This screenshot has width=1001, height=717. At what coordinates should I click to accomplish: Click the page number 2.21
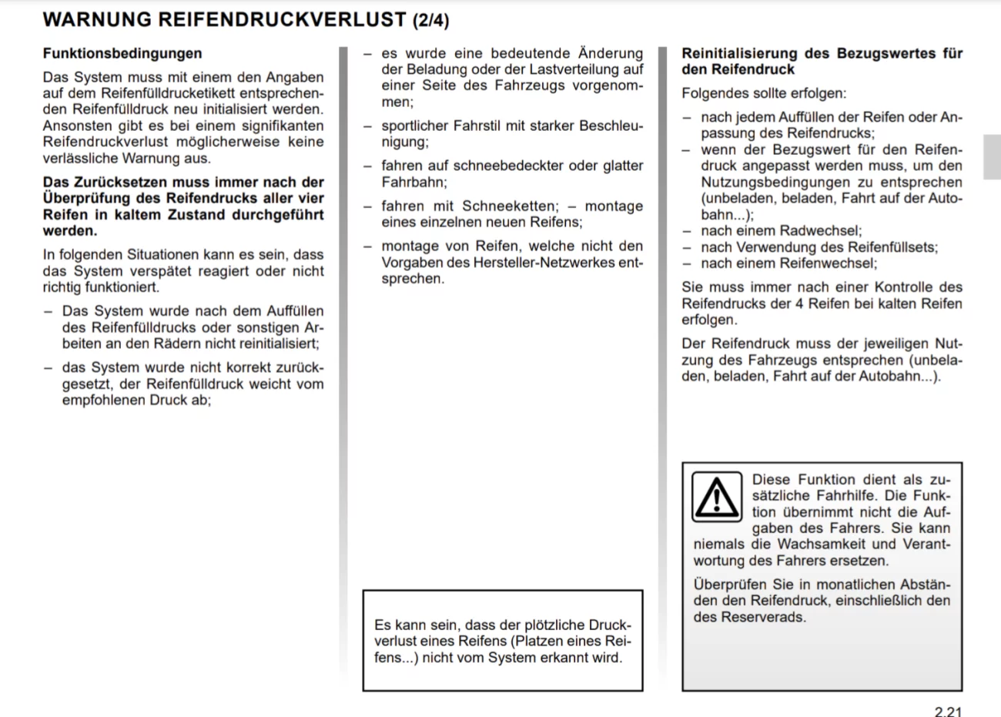tap(948, 711)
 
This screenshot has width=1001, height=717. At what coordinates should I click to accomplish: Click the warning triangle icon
tap(717, 497)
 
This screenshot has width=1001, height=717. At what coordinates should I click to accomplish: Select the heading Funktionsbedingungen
tap(122, 53)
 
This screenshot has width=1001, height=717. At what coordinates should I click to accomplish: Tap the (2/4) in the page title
tap(430, 20)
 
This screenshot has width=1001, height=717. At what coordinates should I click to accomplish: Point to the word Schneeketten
tap(509, 206)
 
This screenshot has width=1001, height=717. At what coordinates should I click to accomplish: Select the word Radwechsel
tap(821, 231)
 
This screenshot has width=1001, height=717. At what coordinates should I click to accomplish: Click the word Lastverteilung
tap(586, 69)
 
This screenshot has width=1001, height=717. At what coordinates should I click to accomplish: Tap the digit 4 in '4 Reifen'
tap(799, 303)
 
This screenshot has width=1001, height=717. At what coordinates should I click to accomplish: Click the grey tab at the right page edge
tap(992, 157)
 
